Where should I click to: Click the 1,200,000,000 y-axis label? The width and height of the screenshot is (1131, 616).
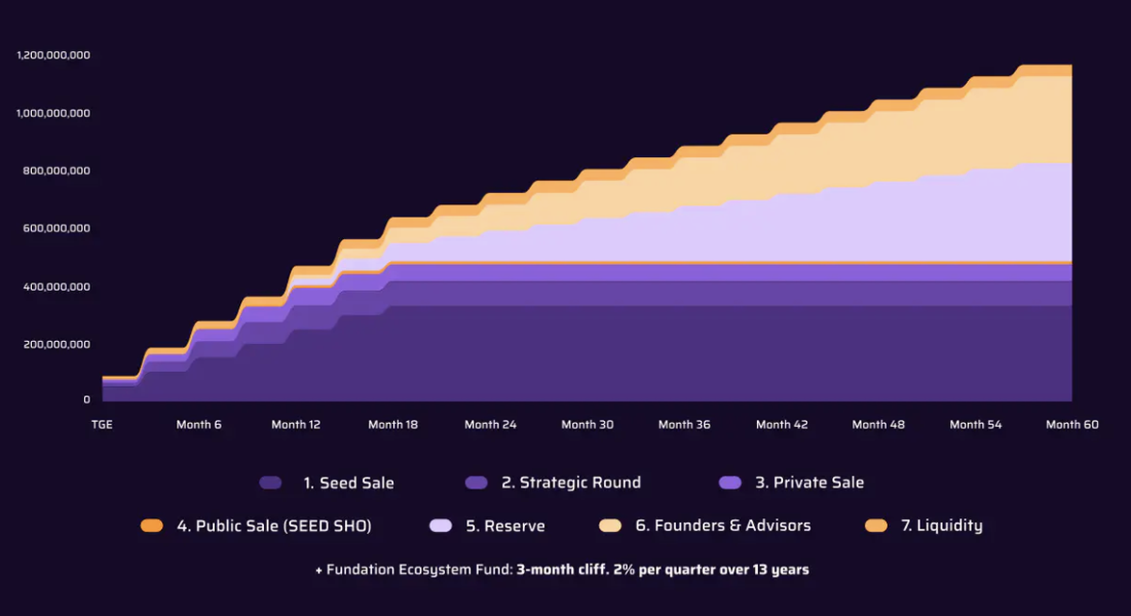click(54, 56)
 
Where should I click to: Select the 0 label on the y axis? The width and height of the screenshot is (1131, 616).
click(86, 400)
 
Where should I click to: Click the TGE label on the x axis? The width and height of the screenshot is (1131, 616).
click(102, 425)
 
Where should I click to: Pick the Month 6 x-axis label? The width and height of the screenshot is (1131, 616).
click(199, 425)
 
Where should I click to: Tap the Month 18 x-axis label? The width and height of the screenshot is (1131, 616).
click(393, 425)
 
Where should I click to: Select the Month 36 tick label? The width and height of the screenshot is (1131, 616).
click(684, 425)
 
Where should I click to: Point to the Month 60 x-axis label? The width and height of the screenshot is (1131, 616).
click(1073, 425)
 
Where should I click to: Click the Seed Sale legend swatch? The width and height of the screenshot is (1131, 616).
click(270, 483)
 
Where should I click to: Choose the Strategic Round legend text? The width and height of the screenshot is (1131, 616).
click(571, 483)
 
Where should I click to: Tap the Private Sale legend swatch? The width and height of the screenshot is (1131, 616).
click(730, 483)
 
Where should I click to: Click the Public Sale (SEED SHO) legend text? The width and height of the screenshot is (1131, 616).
click(274, 526)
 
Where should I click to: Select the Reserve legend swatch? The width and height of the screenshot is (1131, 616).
click(440, 526)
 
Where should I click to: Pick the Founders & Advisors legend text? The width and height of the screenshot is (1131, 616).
click(723, 526)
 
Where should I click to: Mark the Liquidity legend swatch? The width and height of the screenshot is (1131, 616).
click(876, 526)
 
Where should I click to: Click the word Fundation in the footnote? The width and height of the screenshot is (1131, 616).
click(358, 570)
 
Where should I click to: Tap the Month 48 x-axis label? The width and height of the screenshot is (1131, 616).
click(878, 425)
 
